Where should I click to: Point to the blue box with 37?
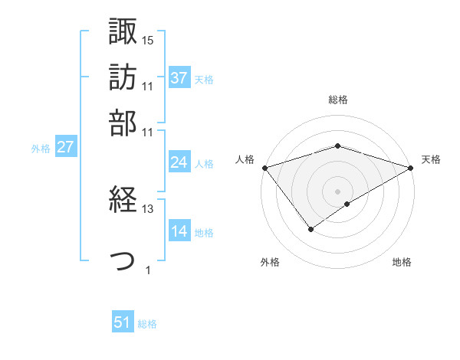[x=179, y=78]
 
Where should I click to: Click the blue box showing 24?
[x=179, y=162]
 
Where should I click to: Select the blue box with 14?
[x=179, y=231]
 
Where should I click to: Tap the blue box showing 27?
[x=65, y=148]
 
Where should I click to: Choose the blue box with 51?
[x=123, y=323]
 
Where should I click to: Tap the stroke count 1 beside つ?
[x=148, y=270]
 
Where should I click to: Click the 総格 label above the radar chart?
[x=337, y=100]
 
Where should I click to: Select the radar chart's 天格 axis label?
[x=431, y=159]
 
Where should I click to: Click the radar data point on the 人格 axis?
[x=264, y=167]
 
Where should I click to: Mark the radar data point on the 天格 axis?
[x=411, y=167]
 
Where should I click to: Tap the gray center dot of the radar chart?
[x=337, y=191]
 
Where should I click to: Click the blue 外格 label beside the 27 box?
[x=41, y=149]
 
